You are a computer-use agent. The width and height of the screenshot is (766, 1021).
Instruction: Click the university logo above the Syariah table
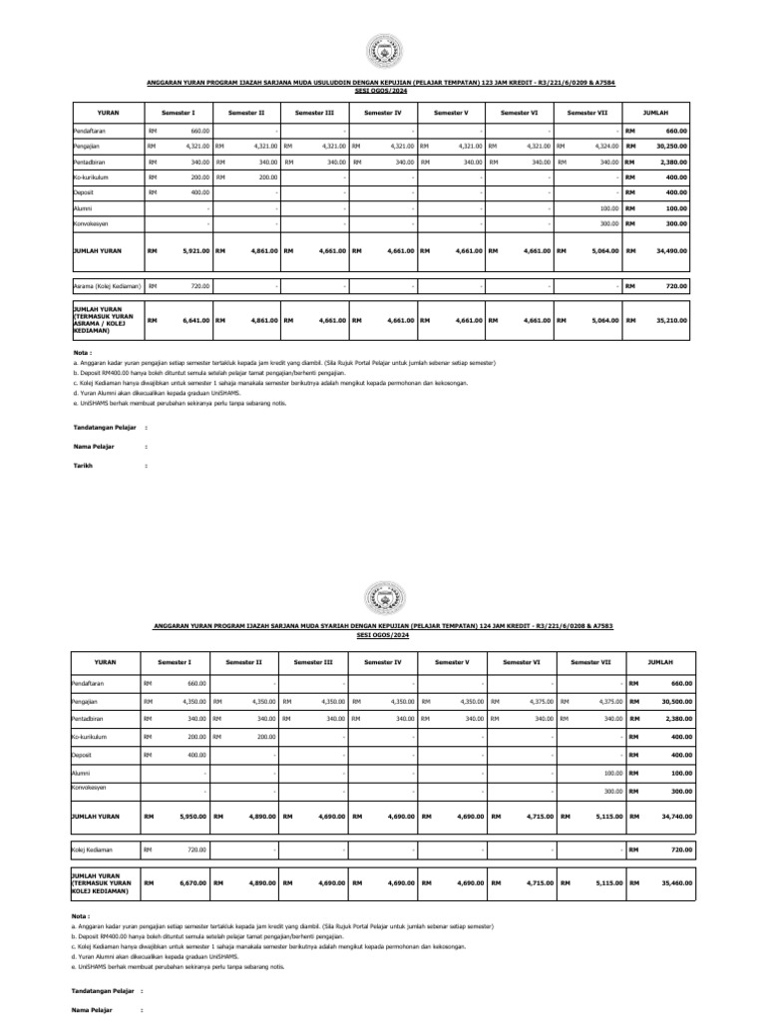coord(383,597)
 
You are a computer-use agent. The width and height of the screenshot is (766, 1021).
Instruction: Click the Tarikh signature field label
coord(82,466)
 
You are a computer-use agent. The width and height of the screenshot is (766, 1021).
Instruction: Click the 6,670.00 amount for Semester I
coord(191,882)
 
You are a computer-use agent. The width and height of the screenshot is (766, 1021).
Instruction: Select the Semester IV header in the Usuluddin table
coord(383,113)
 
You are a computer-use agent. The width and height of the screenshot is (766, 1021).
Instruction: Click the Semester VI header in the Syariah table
coord(522,662)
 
